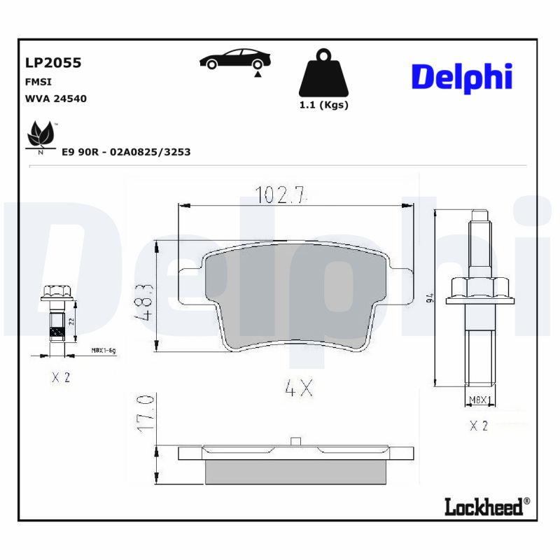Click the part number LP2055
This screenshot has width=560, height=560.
(53, 63)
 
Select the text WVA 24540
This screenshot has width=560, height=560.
(55, 99)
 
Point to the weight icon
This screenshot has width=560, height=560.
(323, 73)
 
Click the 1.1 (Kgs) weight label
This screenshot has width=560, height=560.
(323, 106)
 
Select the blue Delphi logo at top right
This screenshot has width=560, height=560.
(461, 78)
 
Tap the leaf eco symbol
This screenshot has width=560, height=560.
(41, 135)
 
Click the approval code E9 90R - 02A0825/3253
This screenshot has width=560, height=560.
(126, 151)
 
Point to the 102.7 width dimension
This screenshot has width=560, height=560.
(281, 195)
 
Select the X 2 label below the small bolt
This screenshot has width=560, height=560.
(61, 377)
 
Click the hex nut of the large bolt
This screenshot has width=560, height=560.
(478, 288)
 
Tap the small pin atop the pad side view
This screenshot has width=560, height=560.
(295, 441)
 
